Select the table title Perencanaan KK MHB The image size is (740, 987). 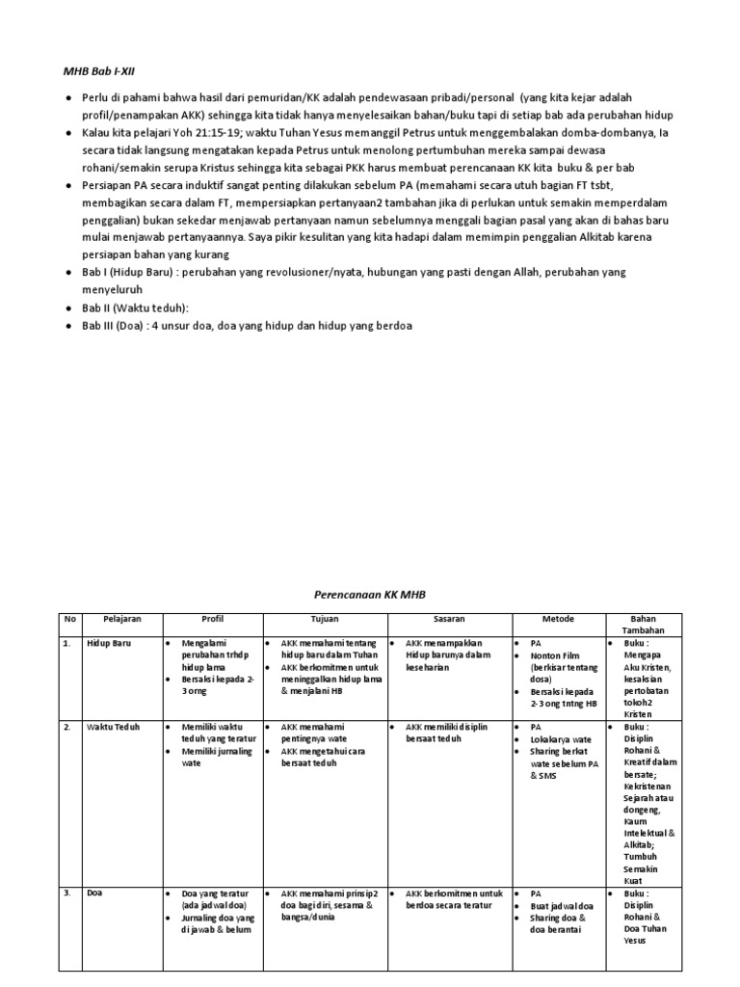(370, 596)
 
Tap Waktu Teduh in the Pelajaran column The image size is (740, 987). (113, 727)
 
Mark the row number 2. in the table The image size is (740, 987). (67, 727)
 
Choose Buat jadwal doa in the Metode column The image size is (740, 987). (565, 906)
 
